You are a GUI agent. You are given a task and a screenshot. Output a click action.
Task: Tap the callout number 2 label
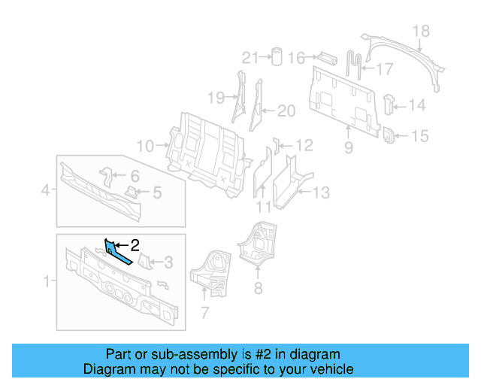(135, 244)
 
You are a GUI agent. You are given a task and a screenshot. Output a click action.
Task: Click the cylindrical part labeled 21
(276, 56)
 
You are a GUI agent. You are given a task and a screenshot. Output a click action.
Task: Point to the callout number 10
(145, 145)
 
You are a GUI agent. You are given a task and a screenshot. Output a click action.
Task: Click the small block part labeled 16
(326, 56)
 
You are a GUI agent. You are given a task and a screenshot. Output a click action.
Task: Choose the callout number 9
(348, 148)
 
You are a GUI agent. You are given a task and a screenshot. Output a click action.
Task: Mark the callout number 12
(304, 145)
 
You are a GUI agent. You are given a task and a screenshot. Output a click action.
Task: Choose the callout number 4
(45, 191)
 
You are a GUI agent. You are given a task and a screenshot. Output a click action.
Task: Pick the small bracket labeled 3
(147, 263)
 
